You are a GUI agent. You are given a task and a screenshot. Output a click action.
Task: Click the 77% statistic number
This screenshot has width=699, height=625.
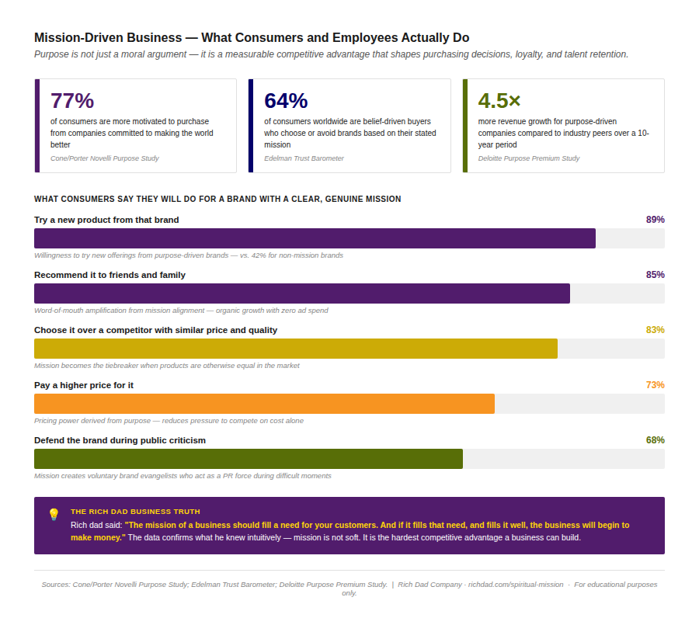pyautogui.click(x=72, y=101)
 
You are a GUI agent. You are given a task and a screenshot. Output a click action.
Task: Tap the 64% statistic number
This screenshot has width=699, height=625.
pyautogui.click(x=286, y=101)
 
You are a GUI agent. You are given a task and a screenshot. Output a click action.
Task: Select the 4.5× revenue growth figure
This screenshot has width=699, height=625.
pyautogui.click(x=499, y=101)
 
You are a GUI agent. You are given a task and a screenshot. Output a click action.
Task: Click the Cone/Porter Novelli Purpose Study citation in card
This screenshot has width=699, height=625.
pyautogui.click(x=104, y=158)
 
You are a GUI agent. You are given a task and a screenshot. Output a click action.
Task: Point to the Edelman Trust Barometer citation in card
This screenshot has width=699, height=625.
pyautogui.click(x=304, y=158)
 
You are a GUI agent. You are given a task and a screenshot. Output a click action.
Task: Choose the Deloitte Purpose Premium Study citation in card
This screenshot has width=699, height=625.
pyautogui.click(x=529, y=158)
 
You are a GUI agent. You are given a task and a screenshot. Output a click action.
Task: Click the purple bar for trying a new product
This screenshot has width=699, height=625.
pyautogui.click(x=315, y=238)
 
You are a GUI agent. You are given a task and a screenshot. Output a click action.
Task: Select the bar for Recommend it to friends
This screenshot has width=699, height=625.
pyautogui.click(x=302, y=293)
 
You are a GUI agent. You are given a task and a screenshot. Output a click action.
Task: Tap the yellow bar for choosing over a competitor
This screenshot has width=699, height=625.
pyautogui.click(x=296, y=349)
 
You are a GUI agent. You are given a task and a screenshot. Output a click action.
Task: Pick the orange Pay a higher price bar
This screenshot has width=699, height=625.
pyautogui.click(x=264, y=404)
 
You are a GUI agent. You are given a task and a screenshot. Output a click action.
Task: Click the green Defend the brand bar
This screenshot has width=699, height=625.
pyautogui.click(x=249, y=459)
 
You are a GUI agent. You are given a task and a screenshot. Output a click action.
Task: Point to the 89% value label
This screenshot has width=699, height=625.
pyautogui.click(x=655, y=220)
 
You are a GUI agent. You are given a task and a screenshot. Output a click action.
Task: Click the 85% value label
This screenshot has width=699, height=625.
pyautogui.click(x=655, y=275)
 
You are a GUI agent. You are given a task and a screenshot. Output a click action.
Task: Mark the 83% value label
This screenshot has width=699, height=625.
pyautogui.click(x=655, y=330)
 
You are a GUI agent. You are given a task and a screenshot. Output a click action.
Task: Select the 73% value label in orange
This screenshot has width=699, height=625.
pyautogui.click(x=655, y=385)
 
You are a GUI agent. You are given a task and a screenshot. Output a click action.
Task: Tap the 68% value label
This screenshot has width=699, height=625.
pyautogui.click(x=655, y=440)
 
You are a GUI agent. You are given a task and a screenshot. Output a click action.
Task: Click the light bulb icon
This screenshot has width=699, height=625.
pyautogui.click(x=54, y=514)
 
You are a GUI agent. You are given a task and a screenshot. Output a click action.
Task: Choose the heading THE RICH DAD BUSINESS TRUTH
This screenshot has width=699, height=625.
pyautogui.click(x=135, y=512)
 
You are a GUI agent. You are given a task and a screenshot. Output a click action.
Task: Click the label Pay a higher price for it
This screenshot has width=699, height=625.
pyautogui.click(x=89, y=385)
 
